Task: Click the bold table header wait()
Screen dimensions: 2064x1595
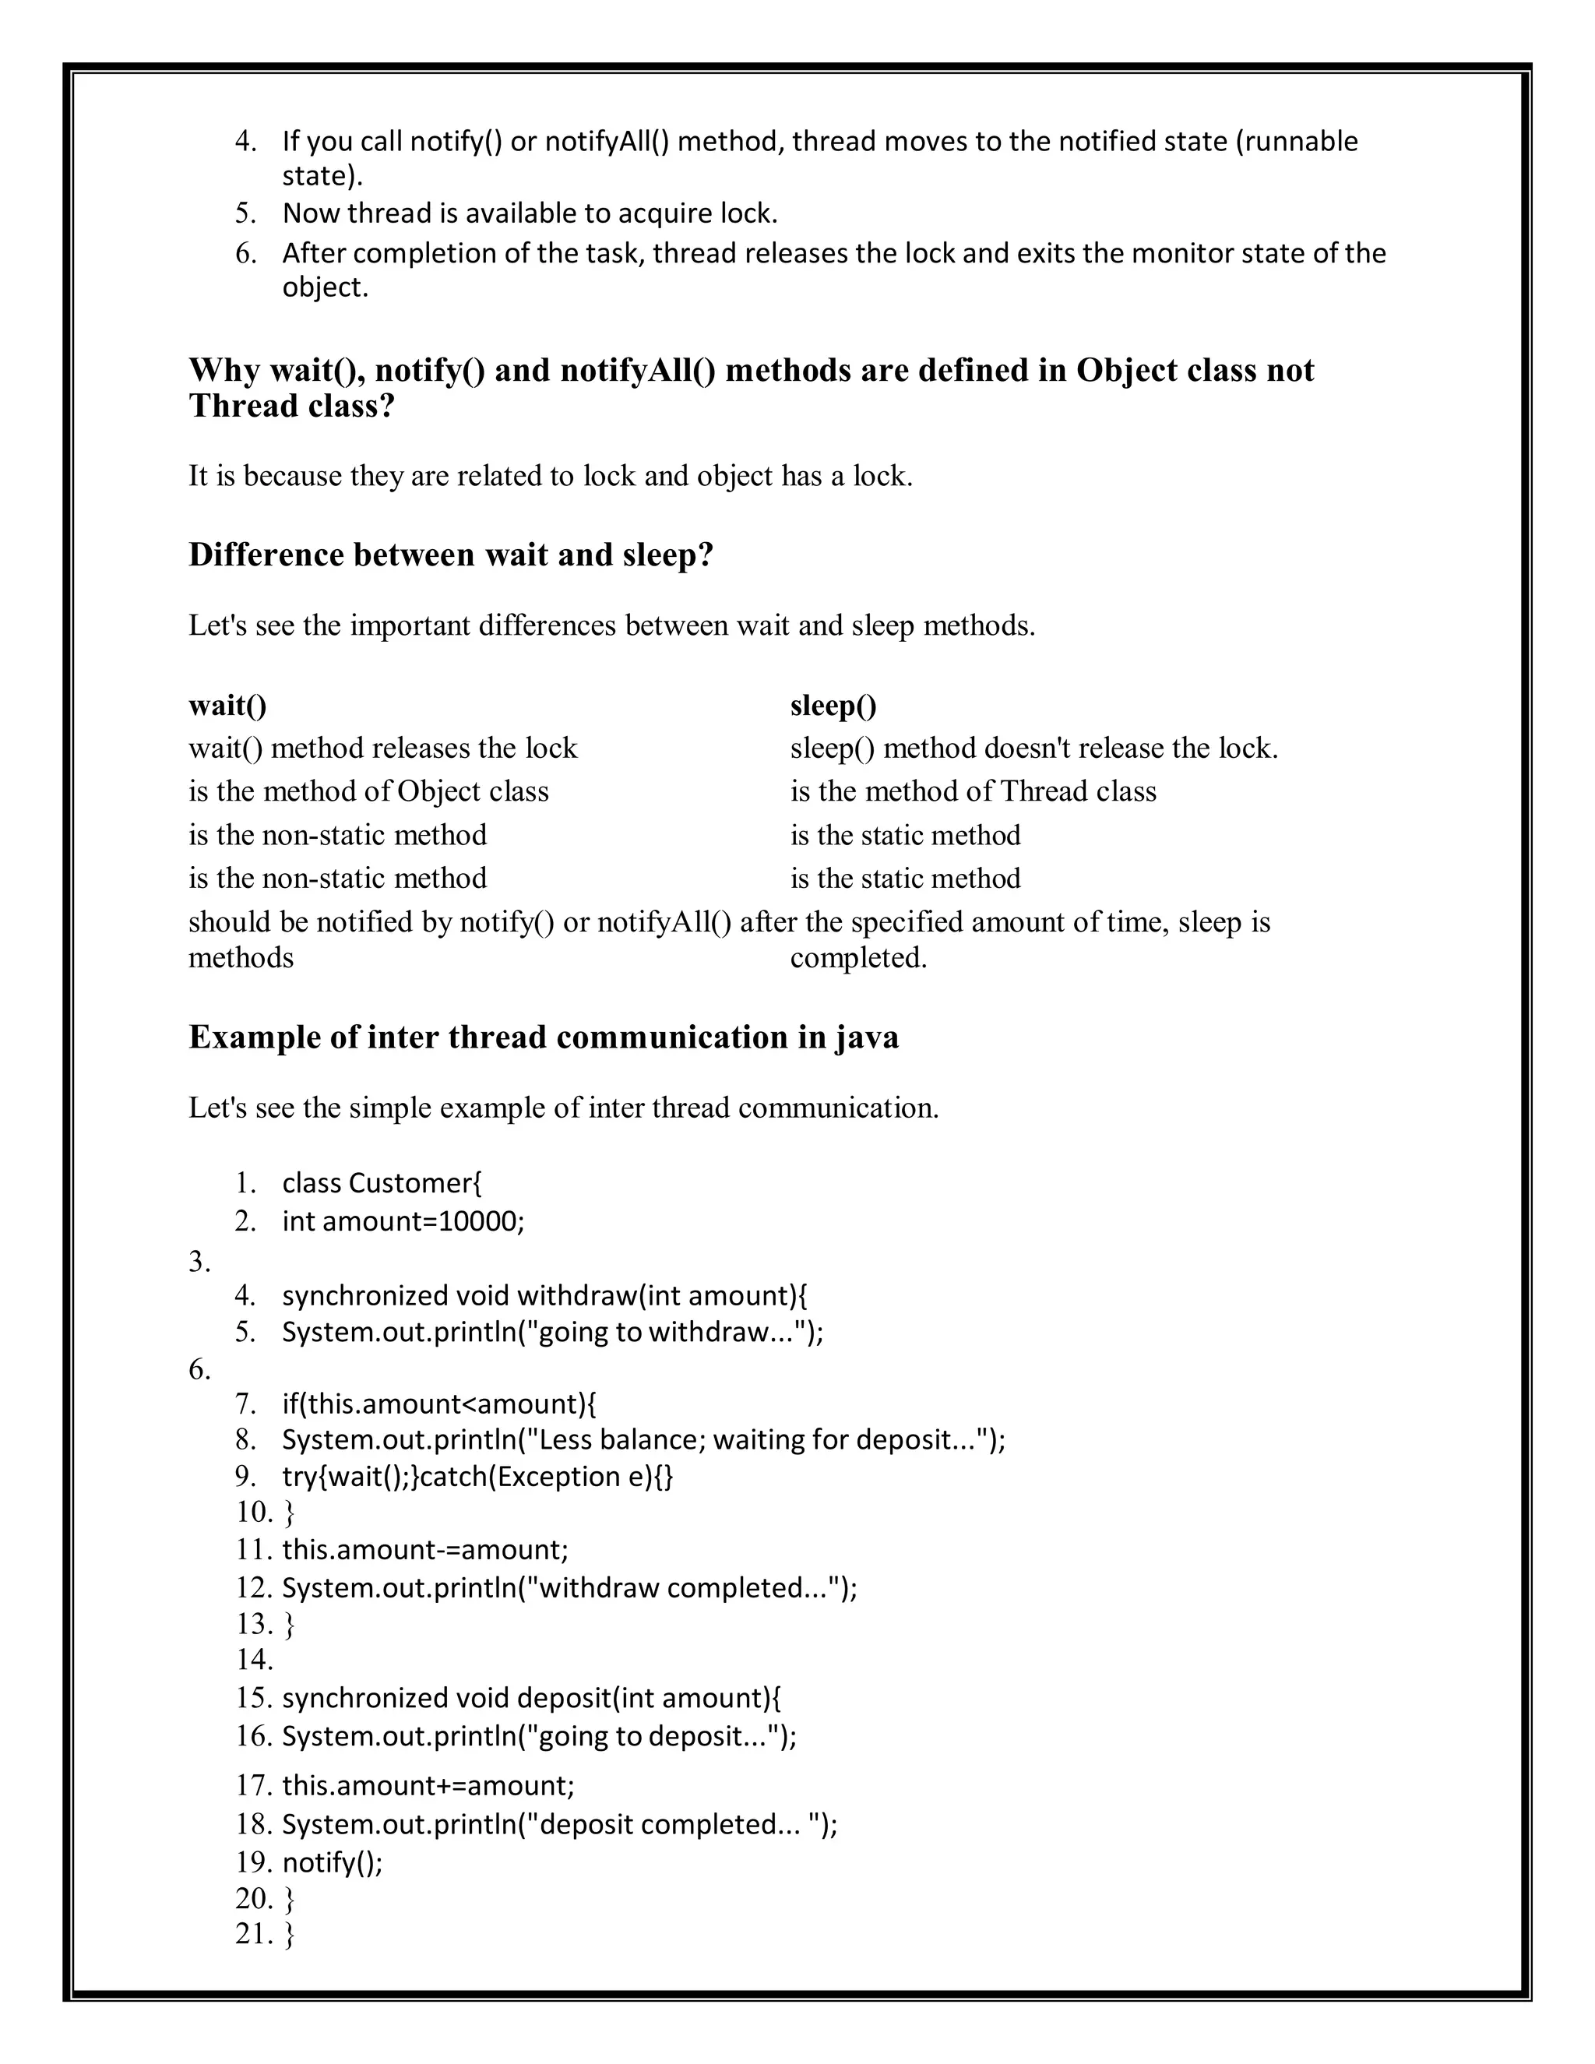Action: [227, 705]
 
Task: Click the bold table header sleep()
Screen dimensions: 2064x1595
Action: [833, 705]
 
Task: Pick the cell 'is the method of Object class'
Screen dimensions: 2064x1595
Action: [368, 791]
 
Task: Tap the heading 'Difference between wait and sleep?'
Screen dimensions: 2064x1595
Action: [450, 555]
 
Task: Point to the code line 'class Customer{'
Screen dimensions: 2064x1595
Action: [382, 1182]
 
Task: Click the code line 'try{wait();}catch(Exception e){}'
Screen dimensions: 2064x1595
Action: [477, 1476]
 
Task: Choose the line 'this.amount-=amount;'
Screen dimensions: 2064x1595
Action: [425, 1549]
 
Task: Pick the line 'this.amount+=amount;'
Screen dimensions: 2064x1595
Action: [428, 1785]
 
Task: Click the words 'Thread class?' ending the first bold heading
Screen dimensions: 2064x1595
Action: [291, 407]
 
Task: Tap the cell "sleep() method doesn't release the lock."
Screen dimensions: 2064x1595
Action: [1033, 748]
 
